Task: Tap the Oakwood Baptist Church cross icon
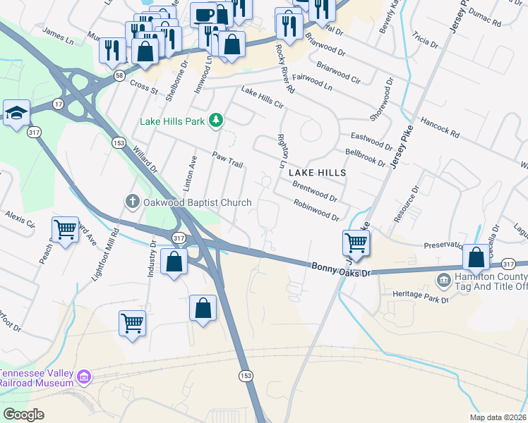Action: [x=131, y=202]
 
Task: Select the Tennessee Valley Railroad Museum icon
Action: [x=84, y=377]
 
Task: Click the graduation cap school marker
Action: [x=16, y=113]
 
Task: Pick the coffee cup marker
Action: [x=204, y=15]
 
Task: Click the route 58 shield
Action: [x=121, y=75]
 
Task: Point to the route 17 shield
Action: [x=57, y=104]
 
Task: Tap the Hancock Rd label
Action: [x=439, y=126]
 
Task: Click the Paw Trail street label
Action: [x=227, y=159]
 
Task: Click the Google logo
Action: [x=23, y=415]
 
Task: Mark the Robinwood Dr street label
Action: [x=317, y=209]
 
